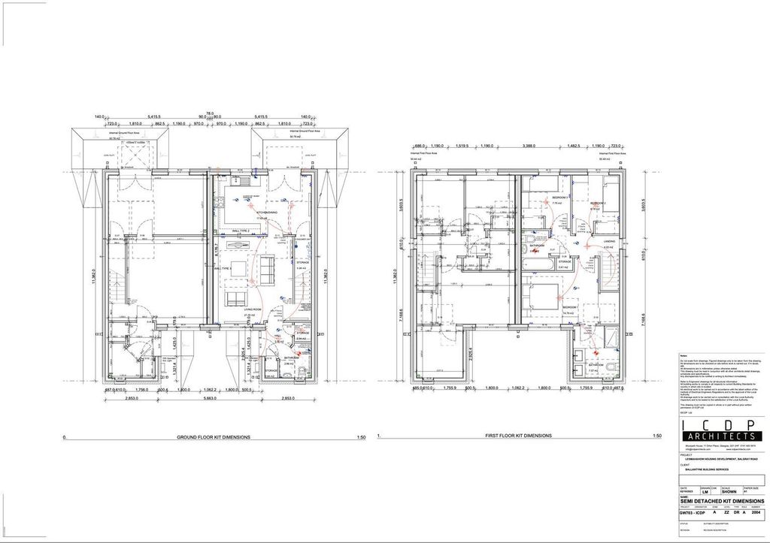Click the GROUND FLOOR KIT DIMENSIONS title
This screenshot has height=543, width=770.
pos(214,436)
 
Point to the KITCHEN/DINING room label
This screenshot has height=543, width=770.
pos(268,213)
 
